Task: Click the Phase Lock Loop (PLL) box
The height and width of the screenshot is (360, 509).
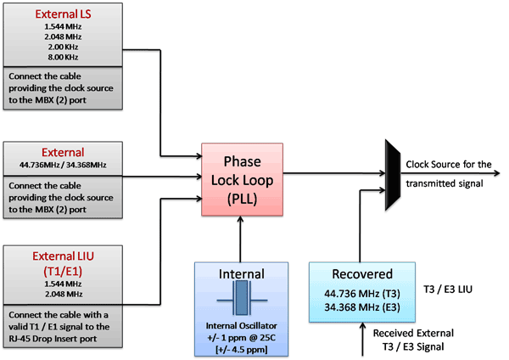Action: click(x=241, y=175)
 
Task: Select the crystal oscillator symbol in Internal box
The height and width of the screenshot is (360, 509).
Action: click(x=242, y=301)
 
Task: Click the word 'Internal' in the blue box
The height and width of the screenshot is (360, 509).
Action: click(x=242, y=274)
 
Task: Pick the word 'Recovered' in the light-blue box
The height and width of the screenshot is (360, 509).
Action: click(x=362, y=274)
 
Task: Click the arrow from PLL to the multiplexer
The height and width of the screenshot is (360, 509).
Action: click(x=335, y=174)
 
